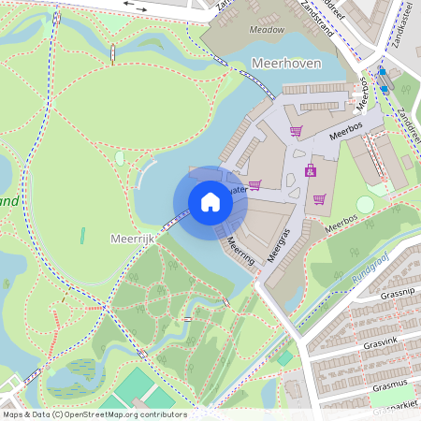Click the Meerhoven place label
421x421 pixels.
point(286,63)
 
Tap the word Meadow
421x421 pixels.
point(268,30)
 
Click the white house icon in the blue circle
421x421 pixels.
point(210,201)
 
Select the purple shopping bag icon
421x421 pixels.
point(310,171)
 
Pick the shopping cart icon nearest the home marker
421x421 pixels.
point(254,184)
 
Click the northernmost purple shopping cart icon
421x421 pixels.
point(296,132)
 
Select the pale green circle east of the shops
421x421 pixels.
point(365,204)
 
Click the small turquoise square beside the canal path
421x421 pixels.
point(284,358)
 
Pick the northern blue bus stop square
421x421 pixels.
point(381,71)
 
